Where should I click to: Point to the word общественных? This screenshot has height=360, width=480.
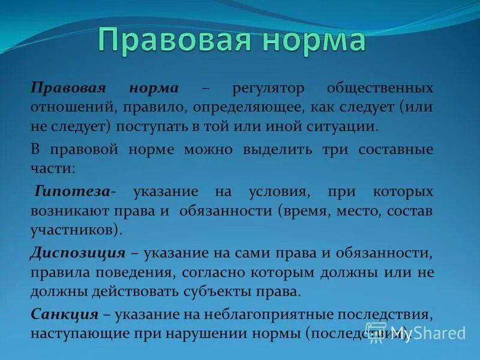(x=379, y=88)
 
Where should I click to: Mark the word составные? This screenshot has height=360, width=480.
(x=395, y=149)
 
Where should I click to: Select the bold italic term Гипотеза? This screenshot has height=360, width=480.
(x=72, y=191)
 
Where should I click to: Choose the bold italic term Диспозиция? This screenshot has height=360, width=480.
(x=77, y=253)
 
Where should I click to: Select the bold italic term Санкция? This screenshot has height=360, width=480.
(x=64, y=314)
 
